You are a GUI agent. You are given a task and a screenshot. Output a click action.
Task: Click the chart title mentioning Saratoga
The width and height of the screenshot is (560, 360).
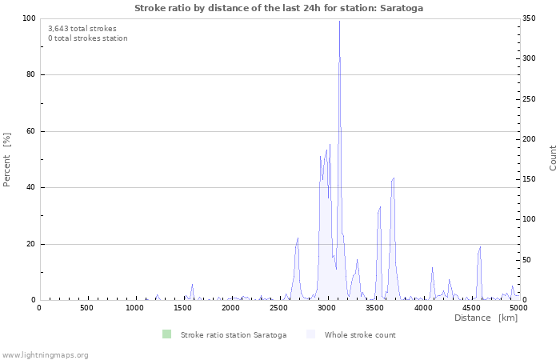[x=279, y=8]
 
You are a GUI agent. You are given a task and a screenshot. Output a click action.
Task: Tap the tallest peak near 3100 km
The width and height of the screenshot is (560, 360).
[x=339, y=22]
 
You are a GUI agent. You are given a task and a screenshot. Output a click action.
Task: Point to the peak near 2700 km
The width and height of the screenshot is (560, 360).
[x=298, y=238]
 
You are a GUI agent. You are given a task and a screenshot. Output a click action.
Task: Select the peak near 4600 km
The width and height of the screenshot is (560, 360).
[x=480, y=246]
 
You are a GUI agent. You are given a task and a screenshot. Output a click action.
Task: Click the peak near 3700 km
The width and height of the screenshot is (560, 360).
[x=394, y=178]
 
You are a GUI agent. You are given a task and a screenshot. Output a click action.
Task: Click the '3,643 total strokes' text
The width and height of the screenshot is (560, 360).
[x=82, y=29]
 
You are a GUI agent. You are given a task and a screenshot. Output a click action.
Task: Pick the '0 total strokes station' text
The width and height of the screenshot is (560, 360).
[x=88, y=38]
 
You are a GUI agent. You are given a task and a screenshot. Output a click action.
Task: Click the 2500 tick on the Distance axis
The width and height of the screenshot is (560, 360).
[x=278, y=308]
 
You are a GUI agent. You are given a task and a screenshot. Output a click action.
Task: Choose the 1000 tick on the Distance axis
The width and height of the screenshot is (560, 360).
[x=134, y=308]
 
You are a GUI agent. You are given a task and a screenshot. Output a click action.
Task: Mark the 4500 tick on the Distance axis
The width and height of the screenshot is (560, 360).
[x=470, y=308]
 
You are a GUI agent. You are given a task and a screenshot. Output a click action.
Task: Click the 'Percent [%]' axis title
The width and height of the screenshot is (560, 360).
[x=7, y=159]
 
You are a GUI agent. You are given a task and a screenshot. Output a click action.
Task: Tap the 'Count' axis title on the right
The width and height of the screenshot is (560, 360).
[x=553, y=158]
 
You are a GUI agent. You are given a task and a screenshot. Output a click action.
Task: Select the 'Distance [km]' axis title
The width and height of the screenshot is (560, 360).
[x=486, y=318]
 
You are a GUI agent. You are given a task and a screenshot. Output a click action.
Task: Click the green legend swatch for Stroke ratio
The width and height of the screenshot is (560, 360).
[x=166, y=334]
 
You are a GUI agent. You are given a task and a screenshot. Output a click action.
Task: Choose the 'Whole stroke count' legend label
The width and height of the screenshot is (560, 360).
[x=360, y=335]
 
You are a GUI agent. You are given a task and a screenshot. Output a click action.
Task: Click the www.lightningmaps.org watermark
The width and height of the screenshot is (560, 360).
[x=45, y=354]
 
